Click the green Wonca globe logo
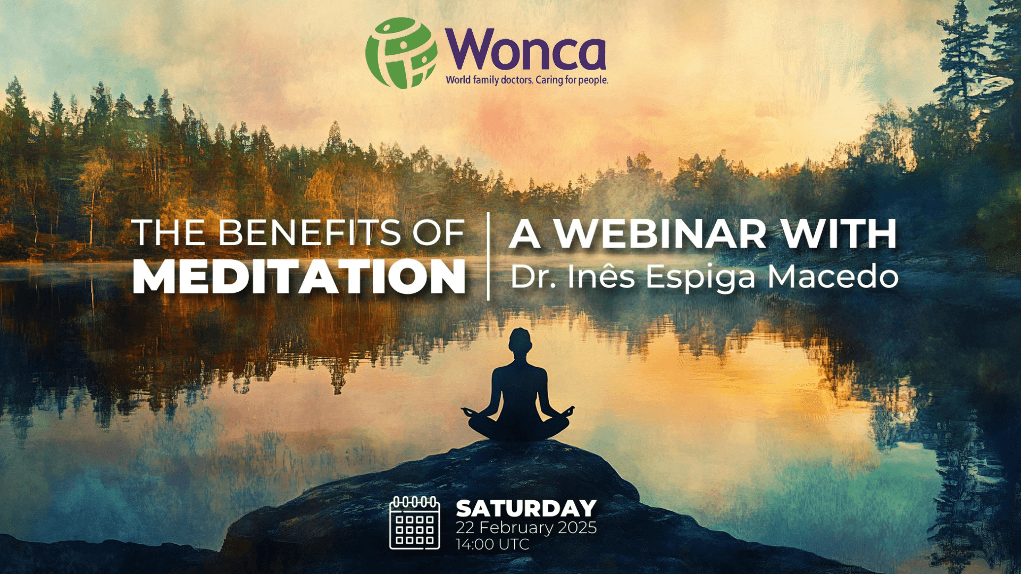[401, 53]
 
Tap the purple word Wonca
[525, 49]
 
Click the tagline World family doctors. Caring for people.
[526, 80]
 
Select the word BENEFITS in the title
[310, 233]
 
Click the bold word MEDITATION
[299, 277]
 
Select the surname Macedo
[833, 277]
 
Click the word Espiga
[701, 278]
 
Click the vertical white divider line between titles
[488, 256]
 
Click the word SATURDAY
[526, 509]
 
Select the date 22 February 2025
[526, 528]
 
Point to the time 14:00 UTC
[492, 544]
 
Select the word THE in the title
[170, 233]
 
